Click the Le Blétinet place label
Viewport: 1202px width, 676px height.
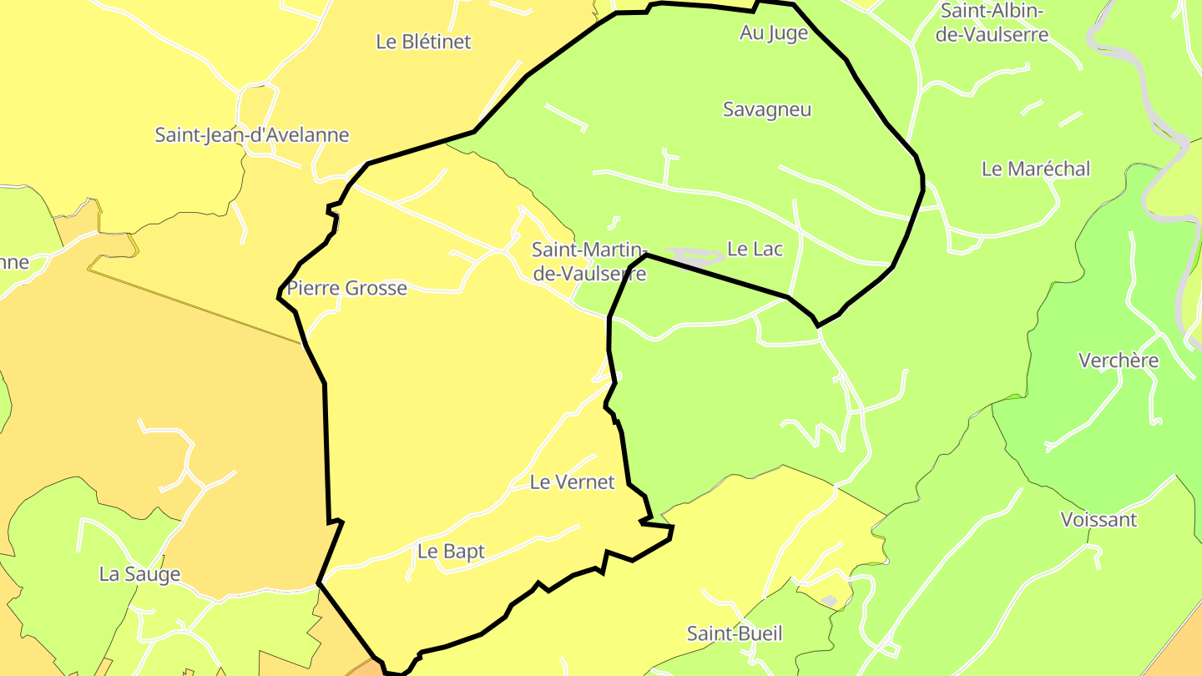[423, 42]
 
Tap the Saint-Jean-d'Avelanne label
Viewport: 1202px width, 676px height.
[251, 134]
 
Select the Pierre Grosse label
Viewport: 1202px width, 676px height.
[346, 289]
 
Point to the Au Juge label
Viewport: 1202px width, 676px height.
[774, 33]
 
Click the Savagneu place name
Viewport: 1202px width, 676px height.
[766, 109]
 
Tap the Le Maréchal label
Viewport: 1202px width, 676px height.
[1035, 169]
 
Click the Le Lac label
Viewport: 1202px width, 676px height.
[755, 249]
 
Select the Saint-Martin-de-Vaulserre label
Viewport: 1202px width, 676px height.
[588, 261]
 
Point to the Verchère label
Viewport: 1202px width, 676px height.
[1119, 361]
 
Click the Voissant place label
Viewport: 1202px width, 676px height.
[1098, 520]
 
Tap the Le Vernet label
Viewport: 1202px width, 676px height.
[572, 482]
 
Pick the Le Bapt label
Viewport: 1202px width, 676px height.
[451, 552]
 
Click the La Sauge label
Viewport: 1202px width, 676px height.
[139, 574]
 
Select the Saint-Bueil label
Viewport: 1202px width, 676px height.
[735, 633]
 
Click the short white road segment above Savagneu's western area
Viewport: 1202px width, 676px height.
[566, 117]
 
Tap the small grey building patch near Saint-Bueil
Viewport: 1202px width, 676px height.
[829, 601]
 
